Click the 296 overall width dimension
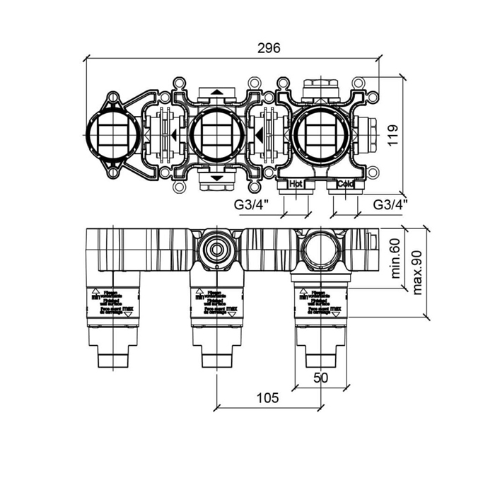pos(269,48)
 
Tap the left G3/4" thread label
pos(252,205)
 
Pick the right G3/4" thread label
pos(390,205)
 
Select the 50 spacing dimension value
pos(320,378)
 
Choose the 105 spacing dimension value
pos(265,398)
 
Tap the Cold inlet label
pos(345,185)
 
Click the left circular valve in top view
pos(110,135)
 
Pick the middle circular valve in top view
pos(216,135)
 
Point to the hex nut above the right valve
pos(320,88)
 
